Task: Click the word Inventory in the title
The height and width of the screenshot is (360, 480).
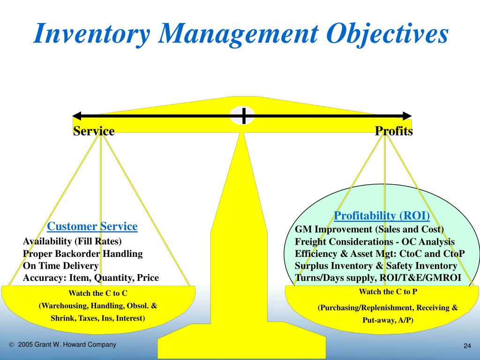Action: tap(91, 35)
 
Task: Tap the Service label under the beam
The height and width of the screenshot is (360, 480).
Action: tap(94, 131)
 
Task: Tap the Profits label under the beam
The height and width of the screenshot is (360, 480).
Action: tap(394, 131)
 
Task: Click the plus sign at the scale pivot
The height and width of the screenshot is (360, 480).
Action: tap(243, 115)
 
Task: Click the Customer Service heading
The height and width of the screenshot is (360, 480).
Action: tap(92, 227)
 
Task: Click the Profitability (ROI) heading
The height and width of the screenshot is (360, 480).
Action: tap(382, 216)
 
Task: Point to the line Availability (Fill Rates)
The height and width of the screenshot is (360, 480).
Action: tap(72, 241)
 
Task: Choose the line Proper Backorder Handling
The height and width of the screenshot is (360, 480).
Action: tap(82, 254)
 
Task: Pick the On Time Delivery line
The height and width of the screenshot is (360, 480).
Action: tap(61, 266)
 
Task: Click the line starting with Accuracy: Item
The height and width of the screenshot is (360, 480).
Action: tap(91, 278)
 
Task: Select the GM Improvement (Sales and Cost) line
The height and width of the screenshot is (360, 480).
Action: tap(369, 229)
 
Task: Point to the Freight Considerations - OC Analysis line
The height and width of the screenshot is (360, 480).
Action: tap(375, 241)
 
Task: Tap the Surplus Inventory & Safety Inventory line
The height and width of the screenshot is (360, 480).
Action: tap(375, 266)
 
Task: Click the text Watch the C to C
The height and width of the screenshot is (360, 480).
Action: tap(98, 293)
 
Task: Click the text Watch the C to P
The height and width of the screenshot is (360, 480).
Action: tap(388, 292)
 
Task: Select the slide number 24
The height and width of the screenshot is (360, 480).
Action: tap(467, 346)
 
